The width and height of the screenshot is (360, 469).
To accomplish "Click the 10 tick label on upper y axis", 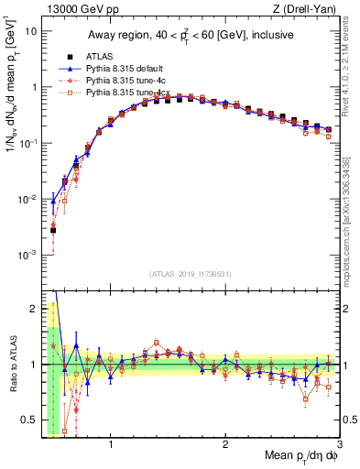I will pos(30,30).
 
